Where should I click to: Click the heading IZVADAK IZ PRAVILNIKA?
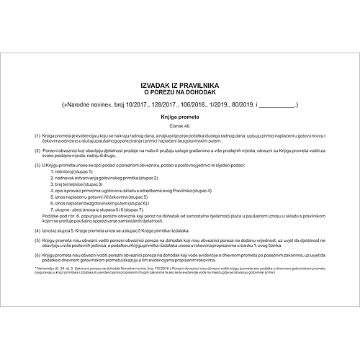tap(180, 84)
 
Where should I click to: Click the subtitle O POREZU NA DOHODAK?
tap(180, 93)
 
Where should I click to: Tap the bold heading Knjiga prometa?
tap(180, 116)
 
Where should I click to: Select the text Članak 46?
tap(180, 125)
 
